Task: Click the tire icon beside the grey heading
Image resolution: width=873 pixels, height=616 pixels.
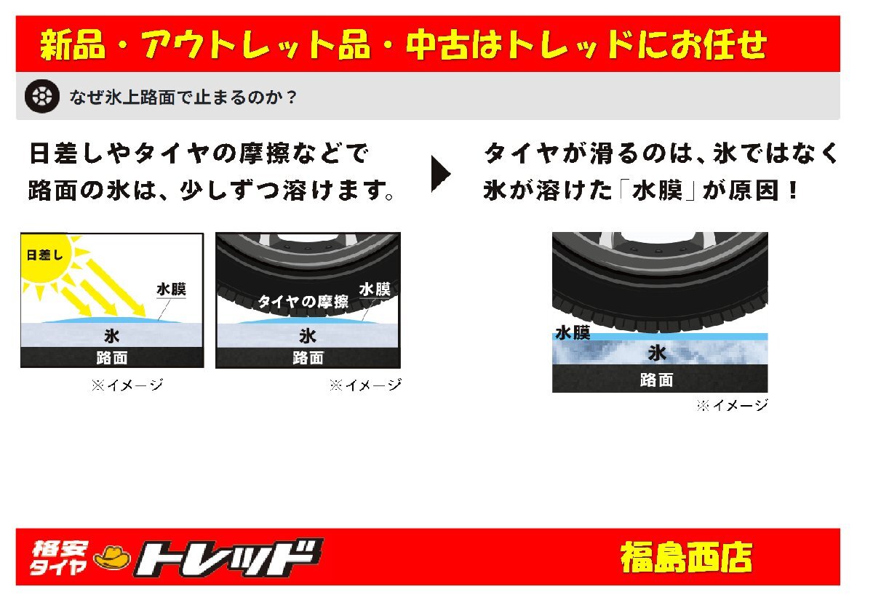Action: tap(42, 96)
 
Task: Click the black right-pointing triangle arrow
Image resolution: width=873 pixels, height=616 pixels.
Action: tap(440, 173)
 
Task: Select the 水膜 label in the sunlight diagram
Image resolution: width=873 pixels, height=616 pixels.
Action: tap(171, 289)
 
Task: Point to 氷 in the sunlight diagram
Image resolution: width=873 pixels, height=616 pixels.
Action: tap(111, 335)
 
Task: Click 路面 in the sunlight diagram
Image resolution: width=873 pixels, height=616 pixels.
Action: tap(111, 357)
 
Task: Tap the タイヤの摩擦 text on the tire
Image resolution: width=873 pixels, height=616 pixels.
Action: tap(303, 301)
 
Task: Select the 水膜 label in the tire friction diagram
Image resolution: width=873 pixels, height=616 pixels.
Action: tap(375, 289)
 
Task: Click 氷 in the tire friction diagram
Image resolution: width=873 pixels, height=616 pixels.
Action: tap(308, 336)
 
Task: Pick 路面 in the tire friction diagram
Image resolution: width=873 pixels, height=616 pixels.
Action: tap(308, 358)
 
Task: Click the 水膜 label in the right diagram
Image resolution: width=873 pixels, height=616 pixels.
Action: tap(573, 333)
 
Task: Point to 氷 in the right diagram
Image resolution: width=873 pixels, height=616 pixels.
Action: tap(657, 353)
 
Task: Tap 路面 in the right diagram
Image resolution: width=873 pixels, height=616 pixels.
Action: tap(656, 380)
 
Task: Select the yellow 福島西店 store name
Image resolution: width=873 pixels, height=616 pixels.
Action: tap(685, 558)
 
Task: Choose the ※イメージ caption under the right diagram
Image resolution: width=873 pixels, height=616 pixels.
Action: tap(731, 406)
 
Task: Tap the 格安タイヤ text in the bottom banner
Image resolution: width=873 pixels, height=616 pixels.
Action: tap(59, 558)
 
